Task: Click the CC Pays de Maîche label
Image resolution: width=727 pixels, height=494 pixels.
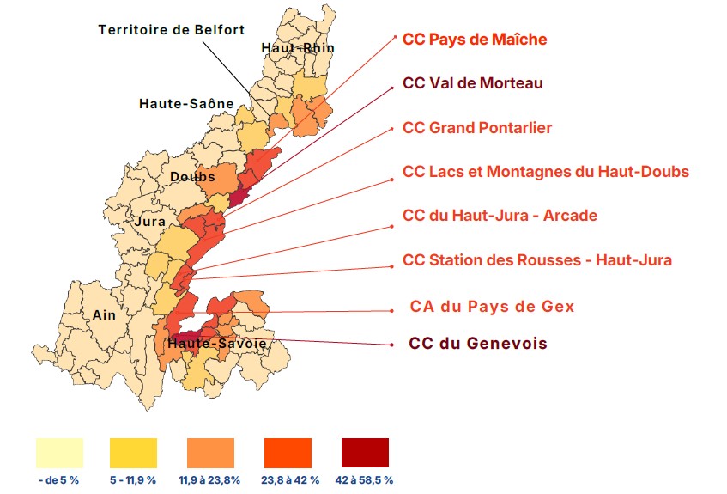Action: [x=475, y=40]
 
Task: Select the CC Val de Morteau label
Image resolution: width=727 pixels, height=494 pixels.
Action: [x=472, y=83]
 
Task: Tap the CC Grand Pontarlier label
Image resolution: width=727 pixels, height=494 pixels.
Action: [x=477, y=128]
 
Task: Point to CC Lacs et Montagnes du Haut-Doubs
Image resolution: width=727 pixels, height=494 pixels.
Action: [x=545, y=172]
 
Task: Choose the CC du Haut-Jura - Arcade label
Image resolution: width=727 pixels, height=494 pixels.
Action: [x=500, y=215]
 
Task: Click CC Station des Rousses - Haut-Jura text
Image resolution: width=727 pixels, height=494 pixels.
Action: [x=536, y=259]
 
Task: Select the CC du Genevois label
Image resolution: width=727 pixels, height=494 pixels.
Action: [x=477, y=344]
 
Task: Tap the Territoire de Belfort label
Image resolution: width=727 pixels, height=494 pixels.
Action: [x=172, y=29]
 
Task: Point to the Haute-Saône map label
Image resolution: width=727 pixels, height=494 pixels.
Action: [x=186, y=104]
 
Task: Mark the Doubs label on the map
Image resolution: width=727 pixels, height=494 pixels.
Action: [x=192, y=177]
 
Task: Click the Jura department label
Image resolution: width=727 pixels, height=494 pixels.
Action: [x=150, y=222]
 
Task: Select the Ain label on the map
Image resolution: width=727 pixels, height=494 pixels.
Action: [x=103, y=315]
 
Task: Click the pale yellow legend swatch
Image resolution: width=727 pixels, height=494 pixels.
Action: [x=59, y=452]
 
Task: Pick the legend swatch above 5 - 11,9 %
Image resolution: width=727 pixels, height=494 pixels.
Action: [x=133, y=452]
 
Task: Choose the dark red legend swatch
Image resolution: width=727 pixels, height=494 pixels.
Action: [x=365, y=452]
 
